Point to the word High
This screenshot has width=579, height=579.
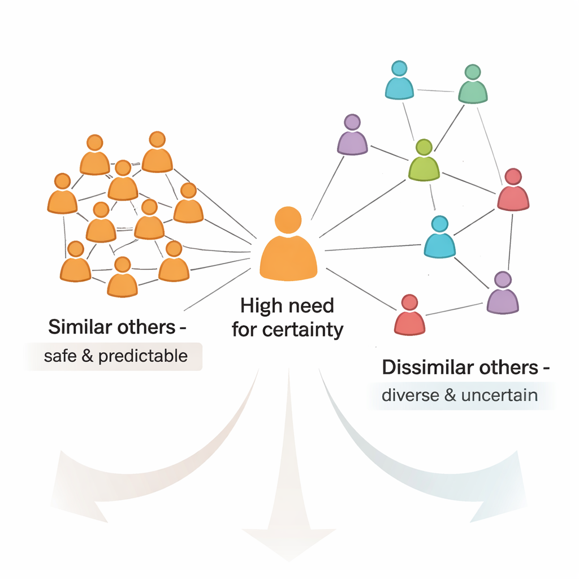260,306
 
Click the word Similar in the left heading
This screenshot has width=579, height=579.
77,327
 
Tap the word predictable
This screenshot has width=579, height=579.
142,356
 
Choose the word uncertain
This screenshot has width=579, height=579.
499,394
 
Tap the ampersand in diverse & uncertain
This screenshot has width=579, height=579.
450,394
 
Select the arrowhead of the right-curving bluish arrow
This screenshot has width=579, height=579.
498,498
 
